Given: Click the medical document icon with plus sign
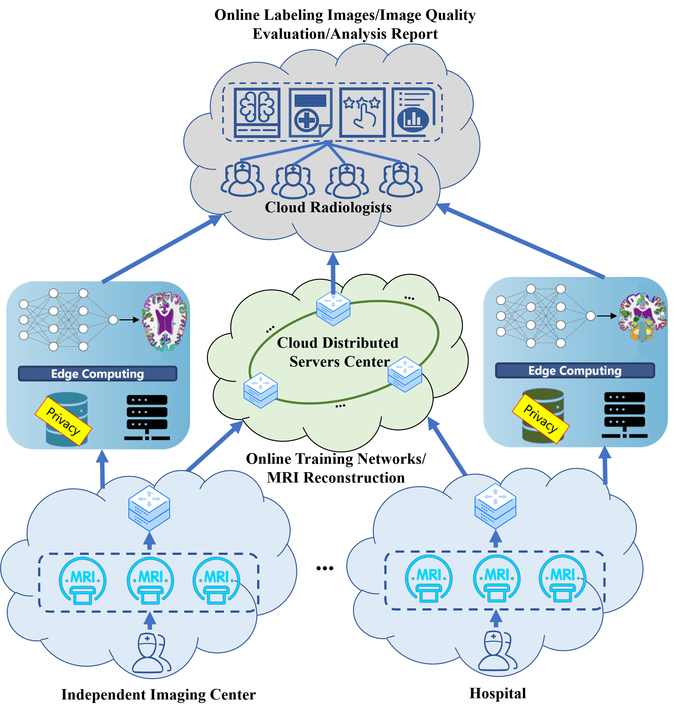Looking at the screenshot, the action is click(x=311, y=113).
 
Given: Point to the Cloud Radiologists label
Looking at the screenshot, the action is click(x=328, y=207).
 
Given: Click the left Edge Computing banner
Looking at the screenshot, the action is click(x=98, y=373).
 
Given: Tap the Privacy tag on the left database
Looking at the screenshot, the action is click(x=63, y=421).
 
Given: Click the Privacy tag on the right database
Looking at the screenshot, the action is click(x=541, y=418).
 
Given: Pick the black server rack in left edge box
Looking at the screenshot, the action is click(x=147, y=417).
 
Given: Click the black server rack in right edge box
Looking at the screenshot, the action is click(x=624, y=414).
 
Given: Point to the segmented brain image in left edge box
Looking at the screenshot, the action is click(x=165, y=321).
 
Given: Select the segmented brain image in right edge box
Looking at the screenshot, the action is click(x=643, y=318).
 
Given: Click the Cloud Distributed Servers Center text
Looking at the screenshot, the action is click(x=339, y=352).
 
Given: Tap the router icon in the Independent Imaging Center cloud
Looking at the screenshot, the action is click(x=149, y=508).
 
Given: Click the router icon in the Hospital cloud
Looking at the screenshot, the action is click(x=495, y=506).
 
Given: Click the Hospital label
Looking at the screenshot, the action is click(x=498, y=694).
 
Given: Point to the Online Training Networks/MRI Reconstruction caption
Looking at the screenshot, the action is click(x=336, y=468).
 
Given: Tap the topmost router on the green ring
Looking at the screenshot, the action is click(x=333, y=308).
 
